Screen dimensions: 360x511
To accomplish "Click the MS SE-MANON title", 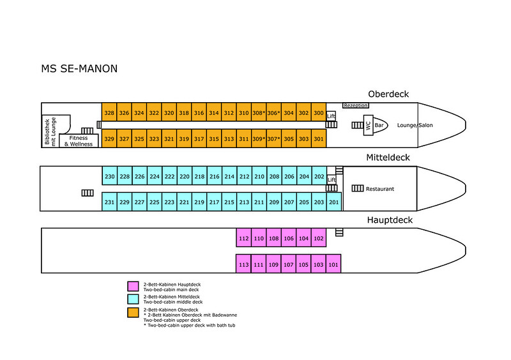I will pos(79,68).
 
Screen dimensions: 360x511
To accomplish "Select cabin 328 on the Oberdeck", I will pos(109,113).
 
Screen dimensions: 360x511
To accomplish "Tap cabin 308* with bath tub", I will pos(259,113).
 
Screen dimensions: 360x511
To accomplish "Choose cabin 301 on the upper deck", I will pos(319,139).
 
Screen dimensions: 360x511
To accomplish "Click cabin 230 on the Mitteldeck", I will pos(109,177).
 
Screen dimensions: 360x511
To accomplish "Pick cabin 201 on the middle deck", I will pos(334,202).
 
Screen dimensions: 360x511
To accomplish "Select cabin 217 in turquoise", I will pos(214,202).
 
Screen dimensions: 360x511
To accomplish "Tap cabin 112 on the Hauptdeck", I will pos(243,238).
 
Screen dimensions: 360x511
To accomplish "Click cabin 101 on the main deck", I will pos(333,264).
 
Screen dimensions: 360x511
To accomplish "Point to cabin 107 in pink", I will pos(288,264).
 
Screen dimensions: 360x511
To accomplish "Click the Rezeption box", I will pos(356,105).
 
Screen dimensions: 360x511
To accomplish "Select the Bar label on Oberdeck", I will pos(379,125).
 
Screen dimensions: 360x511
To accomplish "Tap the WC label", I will pos(368,126).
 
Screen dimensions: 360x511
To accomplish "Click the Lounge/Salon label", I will pos(415,125).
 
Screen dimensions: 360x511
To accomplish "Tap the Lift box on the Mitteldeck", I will pos(332,180).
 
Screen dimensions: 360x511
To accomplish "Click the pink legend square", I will pos(133,285).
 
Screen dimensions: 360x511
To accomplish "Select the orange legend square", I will pos(133,312).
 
